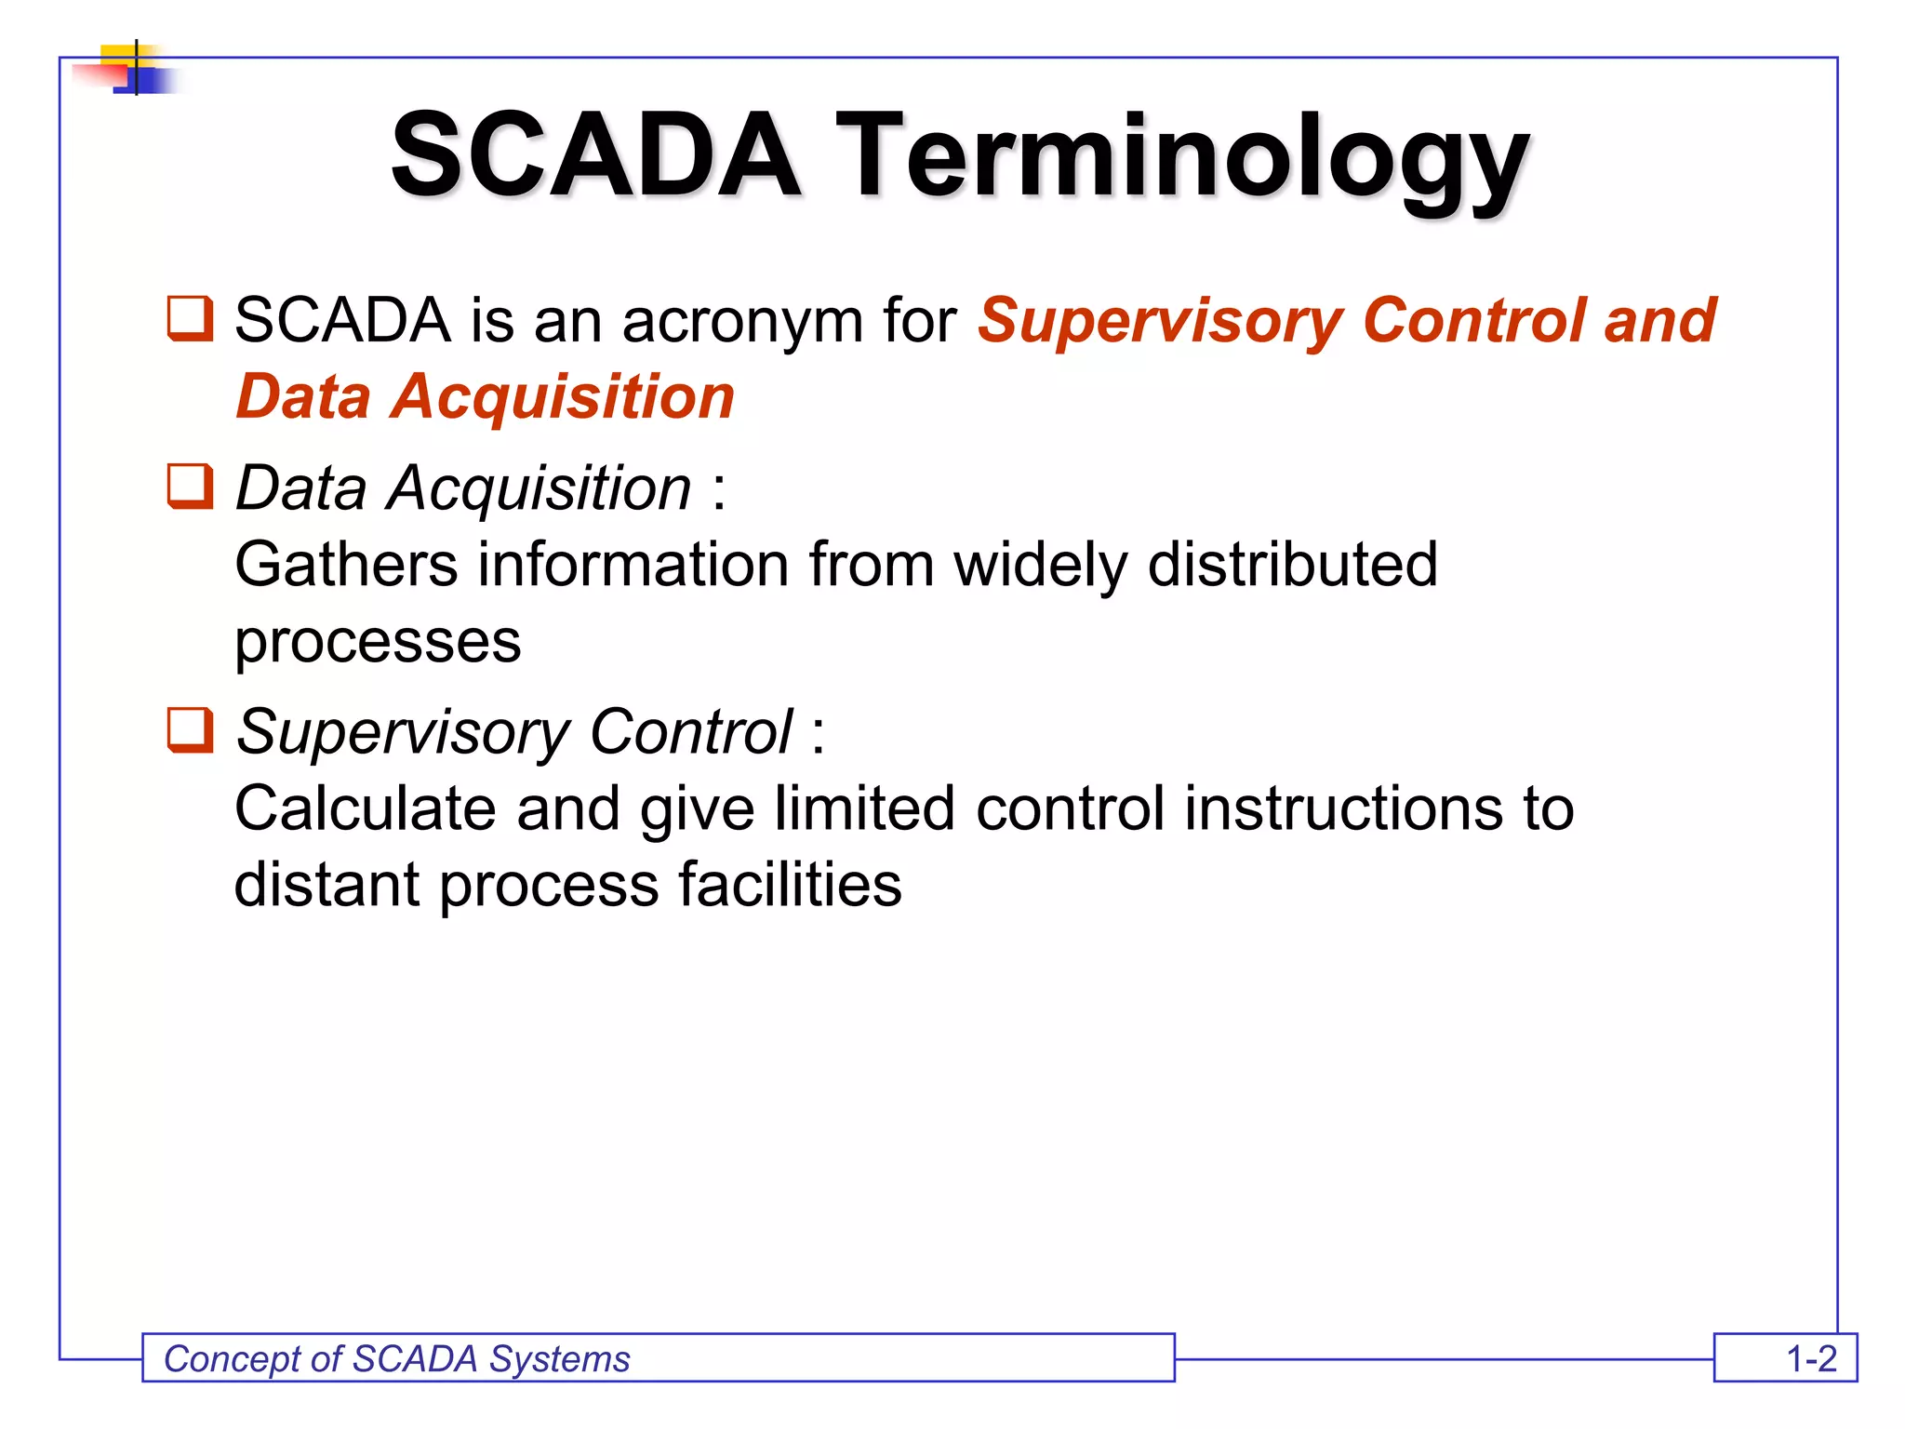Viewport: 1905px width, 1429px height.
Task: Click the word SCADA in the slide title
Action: (595, 156)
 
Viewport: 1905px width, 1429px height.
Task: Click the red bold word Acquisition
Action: (562, 397)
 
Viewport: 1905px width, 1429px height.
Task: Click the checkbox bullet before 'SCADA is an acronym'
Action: (190, 319)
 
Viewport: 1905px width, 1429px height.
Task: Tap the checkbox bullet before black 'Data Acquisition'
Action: (190, 487)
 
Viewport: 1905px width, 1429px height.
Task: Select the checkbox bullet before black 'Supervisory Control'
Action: (190, 730)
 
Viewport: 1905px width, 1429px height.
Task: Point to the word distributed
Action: (1293, 565)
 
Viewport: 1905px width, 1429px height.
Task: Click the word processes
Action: (378, 642)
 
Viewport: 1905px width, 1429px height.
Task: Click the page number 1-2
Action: (1810, 1359)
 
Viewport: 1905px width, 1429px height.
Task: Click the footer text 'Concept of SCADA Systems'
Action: (397, 1359)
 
